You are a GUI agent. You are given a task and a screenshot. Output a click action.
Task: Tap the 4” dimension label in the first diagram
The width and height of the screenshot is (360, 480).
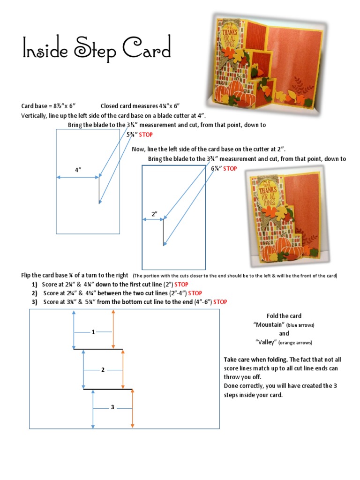pyautogui.click(x=78, y=170)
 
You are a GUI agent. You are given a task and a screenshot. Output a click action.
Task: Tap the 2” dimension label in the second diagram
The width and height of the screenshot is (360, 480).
pyautogui.click(x=154, y=214)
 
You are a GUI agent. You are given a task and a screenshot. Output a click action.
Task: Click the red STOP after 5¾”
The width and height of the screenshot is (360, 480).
pyautogui.click(x=146, y=135)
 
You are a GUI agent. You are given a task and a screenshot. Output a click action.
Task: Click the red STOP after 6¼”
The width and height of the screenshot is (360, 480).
pyautogui.click(x=230, y=168)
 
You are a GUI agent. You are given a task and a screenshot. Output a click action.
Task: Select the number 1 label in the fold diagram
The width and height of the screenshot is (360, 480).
pyautogui.click(x=93, y=332)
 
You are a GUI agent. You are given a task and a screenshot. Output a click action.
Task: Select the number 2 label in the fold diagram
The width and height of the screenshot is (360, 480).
pyautogui.click(x=103, y=370)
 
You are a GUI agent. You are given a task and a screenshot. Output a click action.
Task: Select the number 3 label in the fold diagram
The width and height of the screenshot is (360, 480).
pyautogui.click(x=112, y=407)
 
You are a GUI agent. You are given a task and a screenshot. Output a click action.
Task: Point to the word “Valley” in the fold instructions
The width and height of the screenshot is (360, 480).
pyautogui.click(x=266, y=342)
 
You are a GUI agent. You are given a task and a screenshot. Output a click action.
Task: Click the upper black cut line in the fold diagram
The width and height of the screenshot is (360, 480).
pyautogui.click(x=98, y=349)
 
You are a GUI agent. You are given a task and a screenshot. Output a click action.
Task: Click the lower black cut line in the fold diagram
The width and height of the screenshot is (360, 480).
pyautogui.click(x=108, y=389)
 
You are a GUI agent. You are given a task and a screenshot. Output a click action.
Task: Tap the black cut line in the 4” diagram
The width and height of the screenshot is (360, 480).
pyautogui.click(x=99, y=190)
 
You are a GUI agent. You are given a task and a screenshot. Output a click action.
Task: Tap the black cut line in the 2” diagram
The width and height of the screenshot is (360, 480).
pyautogui.click(x=163, y=232)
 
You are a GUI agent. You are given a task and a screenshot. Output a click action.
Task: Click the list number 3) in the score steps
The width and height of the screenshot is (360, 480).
pyautogui.click(x=35, y=302)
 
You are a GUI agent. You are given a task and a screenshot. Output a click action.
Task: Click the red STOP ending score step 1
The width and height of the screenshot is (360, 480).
pyautogui.click(x=181, y=284)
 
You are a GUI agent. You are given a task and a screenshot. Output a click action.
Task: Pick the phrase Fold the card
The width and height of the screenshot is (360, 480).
pyautogui.click(x=284, y=315)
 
